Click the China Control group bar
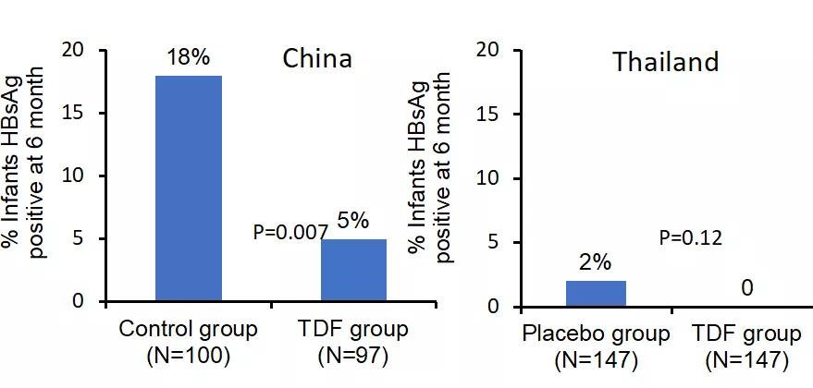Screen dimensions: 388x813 click(x=188, y=188)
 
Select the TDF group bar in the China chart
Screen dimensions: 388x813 click(x=353, y=271)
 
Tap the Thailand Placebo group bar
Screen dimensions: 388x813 click(x=596, y=293)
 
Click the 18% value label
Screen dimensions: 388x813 click(x=188, y=58)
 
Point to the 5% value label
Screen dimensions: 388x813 click(x=353, y=220)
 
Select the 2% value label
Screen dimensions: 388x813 click(x=596, y=261)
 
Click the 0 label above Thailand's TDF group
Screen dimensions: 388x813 click(x=746, y=288)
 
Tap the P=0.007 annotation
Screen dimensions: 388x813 click(x=289, y=233)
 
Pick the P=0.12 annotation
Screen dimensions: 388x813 click(x=690, y=238)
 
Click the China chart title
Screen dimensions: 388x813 click(x=317, y=59)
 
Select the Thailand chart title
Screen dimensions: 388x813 click(x=665, y=62)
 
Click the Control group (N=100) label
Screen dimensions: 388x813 click(x=188, y=342)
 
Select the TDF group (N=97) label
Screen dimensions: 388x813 click(x=353, y=342)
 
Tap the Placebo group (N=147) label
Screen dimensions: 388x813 click(x=596, y=346)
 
